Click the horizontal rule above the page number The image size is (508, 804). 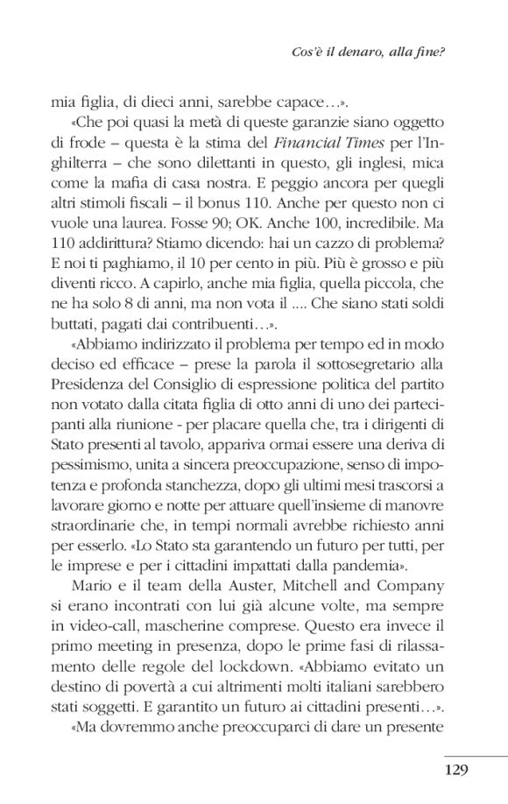tap(476, 755)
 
